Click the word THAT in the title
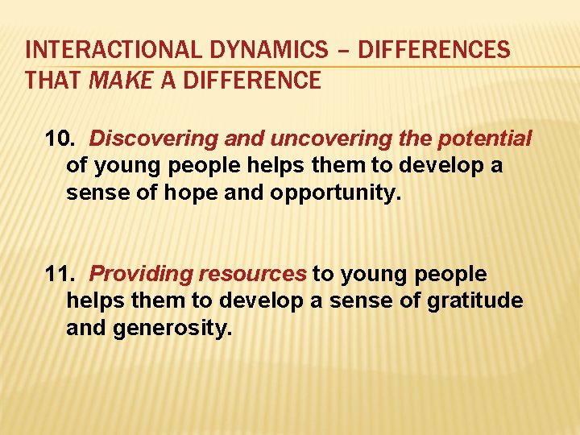click(52, 81)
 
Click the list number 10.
click(60, 139)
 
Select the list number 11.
click(60, 274)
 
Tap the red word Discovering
click(143, 139)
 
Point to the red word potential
click(485, 139)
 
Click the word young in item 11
click(375, 274)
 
